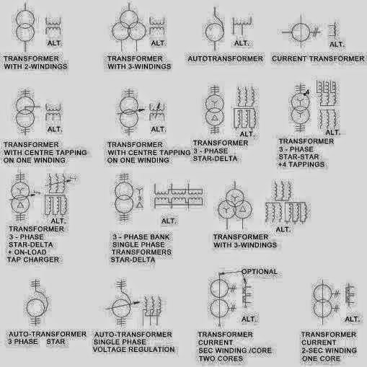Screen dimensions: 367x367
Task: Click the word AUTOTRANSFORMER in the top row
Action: (221, 58)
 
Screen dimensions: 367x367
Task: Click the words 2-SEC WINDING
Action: (332, 350)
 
